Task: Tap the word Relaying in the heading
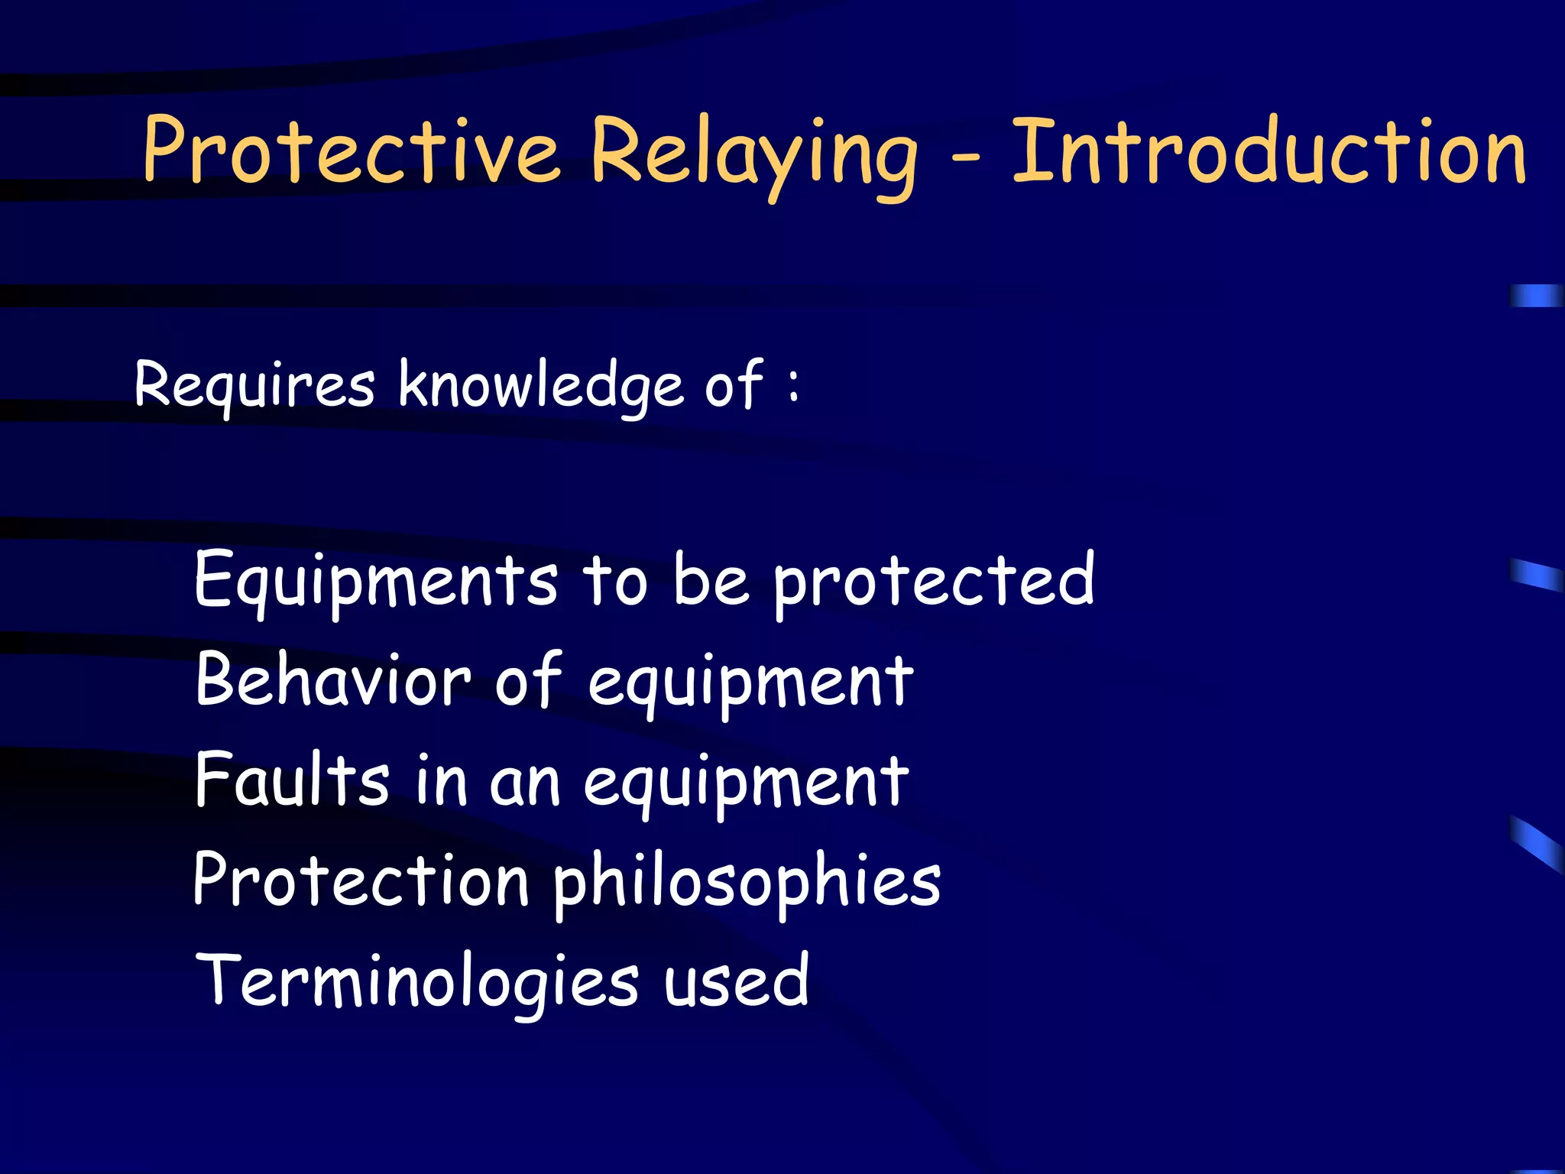pyautogui.click(x=753, y=153)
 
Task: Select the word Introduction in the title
pyautogui.click(x=1269, y=150)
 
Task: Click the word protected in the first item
pyautogui.click(x=934, y=581)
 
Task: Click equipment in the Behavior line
pyautogui.click(x=750, y=683)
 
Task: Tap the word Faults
pyautogui.click(x=292, y=779)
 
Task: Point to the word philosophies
pyautogui.click(x=747, y=883)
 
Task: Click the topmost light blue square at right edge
pyautogui.click(x=1536, y=295)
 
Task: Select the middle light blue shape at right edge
pyautogui.click(x=1536, y=575)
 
